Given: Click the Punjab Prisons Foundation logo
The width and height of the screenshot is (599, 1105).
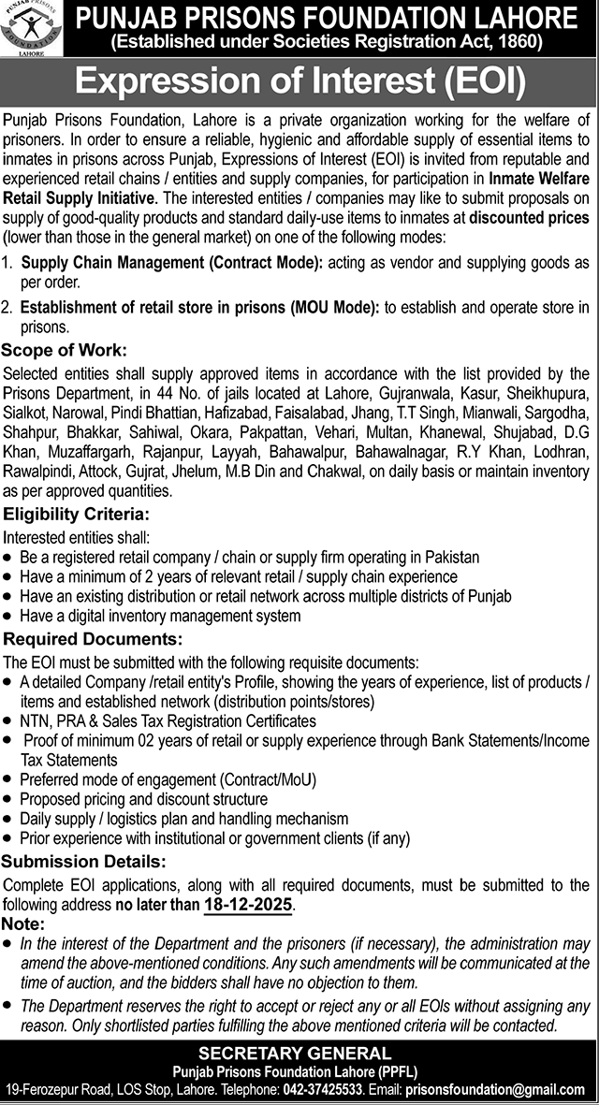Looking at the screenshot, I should click(x=33, y=31).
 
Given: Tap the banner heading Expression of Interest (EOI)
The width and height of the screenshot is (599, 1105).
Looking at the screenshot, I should click(x=299, y=83).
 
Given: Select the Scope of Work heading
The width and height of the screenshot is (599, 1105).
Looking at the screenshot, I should click(x=65, y=351).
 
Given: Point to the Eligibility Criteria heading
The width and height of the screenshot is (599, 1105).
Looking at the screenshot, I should click(x=75, y=515).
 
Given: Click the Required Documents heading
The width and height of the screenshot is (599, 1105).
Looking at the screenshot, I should click(x=93, y=639).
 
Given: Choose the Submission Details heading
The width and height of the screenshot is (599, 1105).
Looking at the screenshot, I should click(x=85, y=862).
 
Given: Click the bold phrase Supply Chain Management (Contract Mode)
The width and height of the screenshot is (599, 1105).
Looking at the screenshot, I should click(x=171, y=265).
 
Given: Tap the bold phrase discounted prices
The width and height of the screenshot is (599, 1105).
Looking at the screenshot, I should click(x=530, y=218).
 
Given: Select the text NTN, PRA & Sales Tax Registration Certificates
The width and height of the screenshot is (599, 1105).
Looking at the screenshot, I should click(x=168, y=721).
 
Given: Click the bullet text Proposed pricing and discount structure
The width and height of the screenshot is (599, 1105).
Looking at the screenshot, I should click(x=143, y=799).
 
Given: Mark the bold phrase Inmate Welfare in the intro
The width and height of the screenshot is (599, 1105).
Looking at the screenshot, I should click(x=537, y=182).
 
